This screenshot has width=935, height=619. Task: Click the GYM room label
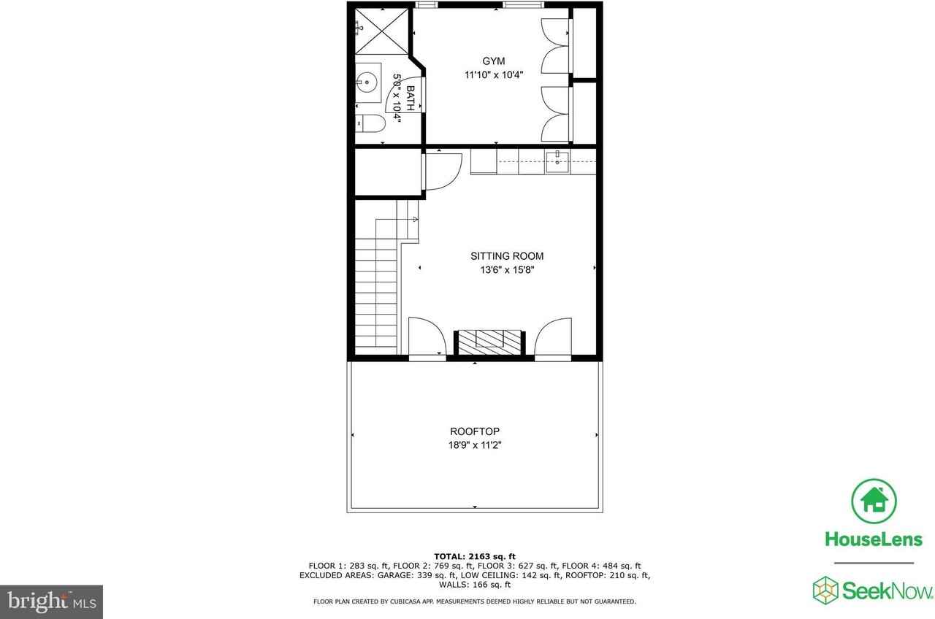click(x=493, y=61)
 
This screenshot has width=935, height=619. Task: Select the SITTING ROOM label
click(x=506, y=256)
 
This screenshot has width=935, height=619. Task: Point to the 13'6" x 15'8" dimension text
click(x=506, y=269)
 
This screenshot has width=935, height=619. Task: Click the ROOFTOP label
click(x=474, y=431)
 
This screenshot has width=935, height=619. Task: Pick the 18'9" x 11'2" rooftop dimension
click(x=474, y=445)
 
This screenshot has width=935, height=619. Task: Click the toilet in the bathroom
click(x=370, y=124)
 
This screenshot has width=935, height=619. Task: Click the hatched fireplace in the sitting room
click(x=490, y=342)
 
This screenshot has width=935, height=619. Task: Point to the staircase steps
click(x=377, y=292)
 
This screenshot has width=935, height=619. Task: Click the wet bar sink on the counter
click(x=557, y=162)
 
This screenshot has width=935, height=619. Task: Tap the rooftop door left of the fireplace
click(x=426, y=338)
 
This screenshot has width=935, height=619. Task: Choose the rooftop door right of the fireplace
click(x=553, y=338)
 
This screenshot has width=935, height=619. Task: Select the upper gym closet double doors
click(x=555, y=46)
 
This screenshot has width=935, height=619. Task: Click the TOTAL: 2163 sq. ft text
click(x=475, y=556)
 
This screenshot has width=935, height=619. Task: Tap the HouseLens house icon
click(x=874, y=500)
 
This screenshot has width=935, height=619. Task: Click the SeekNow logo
click(x=874, y=590)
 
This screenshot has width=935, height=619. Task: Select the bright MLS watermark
click(x=51, y=601)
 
